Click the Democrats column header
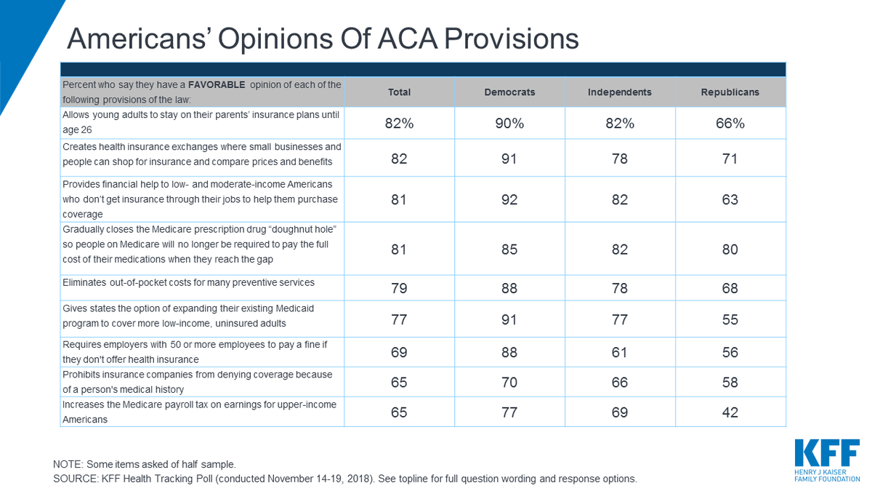[x=509, y=92]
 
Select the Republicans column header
[x=730, y=92]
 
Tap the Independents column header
[x=619, y=92]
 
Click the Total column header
[x=399, y=92]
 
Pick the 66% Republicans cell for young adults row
[x=730, y=124]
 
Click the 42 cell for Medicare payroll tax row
[x=730, y=412]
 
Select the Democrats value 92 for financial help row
[x=509, y=199]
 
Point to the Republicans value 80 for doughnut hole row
[x=730, y=250]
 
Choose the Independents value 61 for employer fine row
[x=619, y=353]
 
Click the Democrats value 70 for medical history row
[x=509, y=382]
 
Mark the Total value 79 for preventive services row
[x=399, y=289]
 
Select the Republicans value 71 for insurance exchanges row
[x=730, y=159]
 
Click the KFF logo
[x=827, y=459]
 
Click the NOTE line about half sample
[x=145, y=464]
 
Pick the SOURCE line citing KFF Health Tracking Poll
[x=344, y=479]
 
